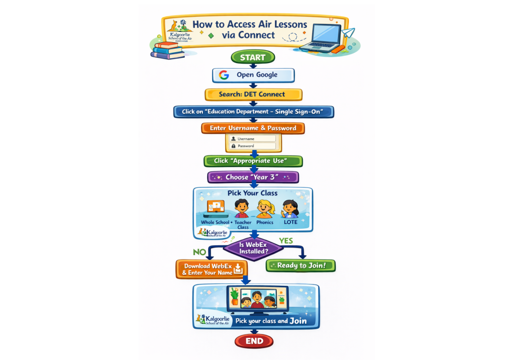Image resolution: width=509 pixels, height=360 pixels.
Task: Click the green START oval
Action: tap(253, 57)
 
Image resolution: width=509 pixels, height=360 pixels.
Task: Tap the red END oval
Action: tap(254, 341)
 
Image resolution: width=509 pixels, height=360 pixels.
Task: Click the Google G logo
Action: tap(224, 75)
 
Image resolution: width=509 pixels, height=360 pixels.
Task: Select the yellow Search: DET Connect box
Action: tap(253, 94)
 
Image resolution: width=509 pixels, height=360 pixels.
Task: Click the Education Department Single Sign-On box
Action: tap(254, 111)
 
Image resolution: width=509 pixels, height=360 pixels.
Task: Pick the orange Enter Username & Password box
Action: tap(253, 128)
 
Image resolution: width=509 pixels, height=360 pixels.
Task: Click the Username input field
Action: tap(253, 139)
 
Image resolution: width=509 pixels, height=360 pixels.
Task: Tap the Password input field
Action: tap(253, 146)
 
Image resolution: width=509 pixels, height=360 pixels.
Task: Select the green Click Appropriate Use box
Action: tap(253, 161)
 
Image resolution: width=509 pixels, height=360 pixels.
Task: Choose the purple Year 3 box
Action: tap(253, 177)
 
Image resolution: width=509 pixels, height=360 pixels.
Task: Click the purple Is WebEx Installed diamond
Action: tap(253, 248)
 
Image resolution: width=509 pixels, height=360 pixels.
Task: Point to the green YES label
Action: tap(286, 241)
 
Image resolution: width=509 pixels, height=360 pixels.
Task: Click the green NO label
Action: tap(199, 252)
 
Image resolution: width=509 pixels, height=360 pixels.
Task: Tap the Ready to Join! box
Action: tap(301, 266)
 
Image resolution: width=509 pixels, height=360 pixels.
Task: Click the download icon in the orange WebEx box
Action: tap(238, 269)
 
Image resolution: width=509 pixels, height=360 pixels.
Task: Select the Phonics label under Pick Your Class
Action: tap(265, 222)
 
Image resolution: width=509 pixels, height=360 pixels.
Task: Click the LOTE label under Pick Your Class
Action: tap(290, 222)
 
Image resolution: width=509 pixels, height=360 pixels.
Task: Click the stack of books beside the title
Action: tap(168, 50)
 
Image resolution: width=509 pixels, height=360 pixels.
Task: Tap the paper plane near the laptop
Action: tap(349, 34)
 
